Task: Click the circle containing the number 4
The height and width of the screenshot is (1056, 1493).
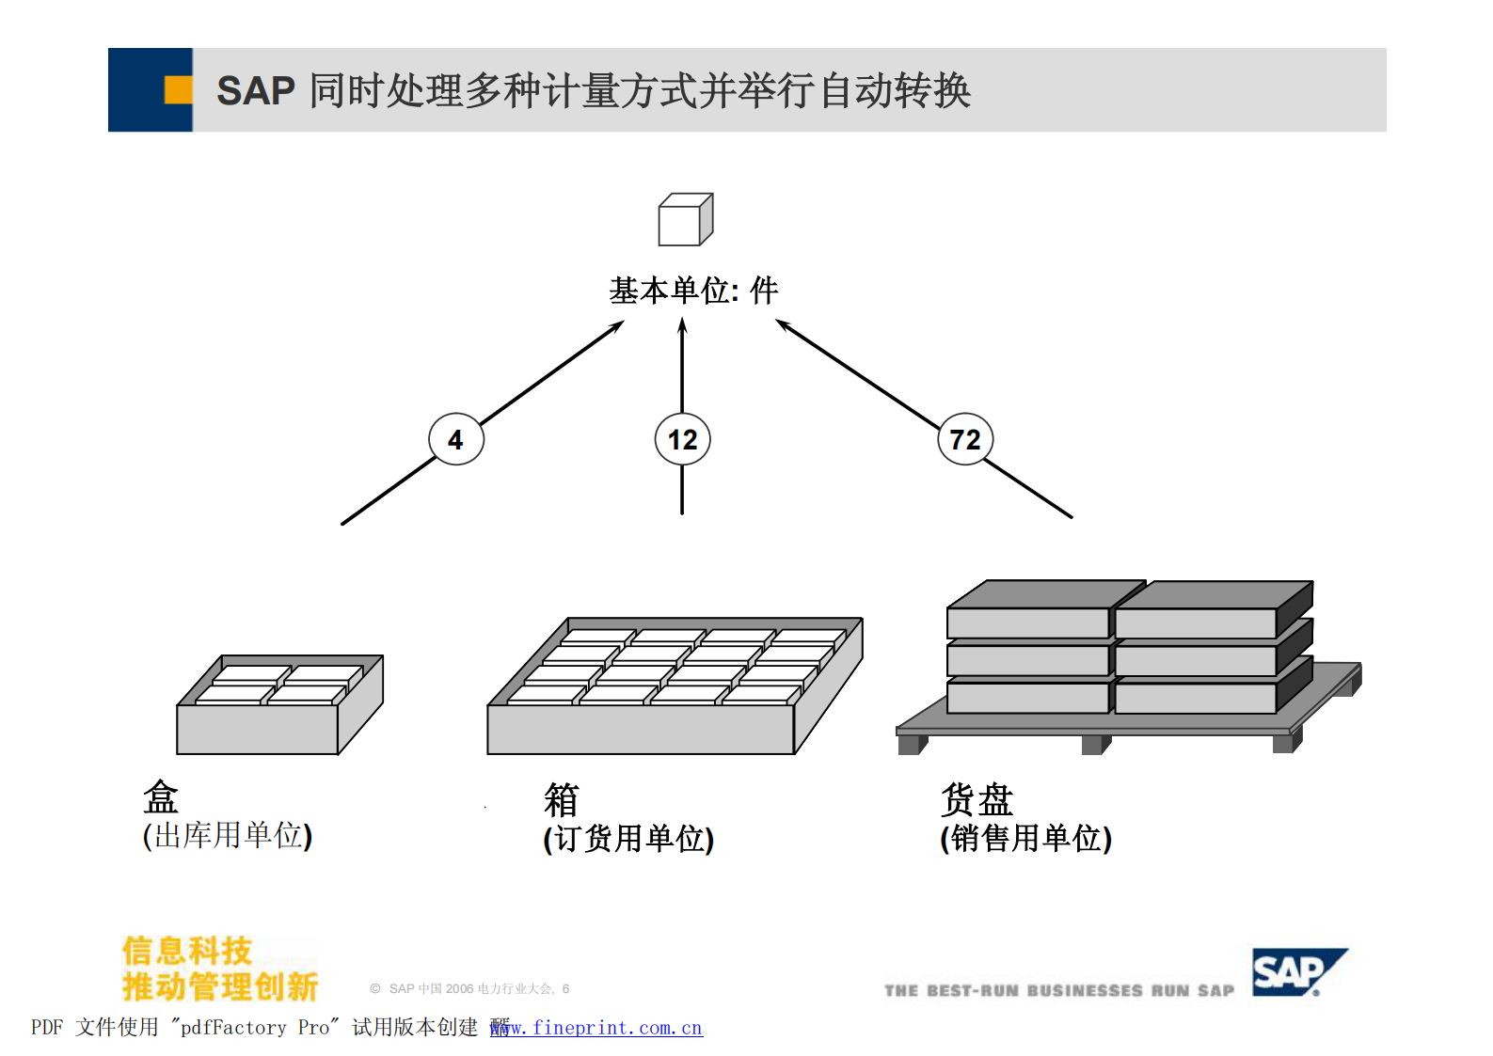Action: (456, 439)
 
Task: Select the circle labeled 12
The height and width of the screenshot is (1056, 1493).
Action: (682, 439)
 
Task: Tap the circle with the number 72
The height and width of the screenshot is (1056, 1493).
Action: (965, 439)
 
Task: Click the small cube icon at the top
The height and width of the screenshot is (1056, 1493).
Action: (685, 220)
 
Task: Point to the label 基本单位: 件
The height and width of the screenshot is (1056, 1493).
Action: (693, 291)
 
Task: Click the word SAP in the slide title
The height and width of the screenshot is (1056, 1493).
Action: (255, 91)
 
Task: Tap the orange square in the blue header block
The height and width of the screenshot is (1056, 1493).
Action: (178, 90)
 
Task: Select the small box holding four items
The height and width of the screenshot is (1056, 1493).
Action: (279, 705)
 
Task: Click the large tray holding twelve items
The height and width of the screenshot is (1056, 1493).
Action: (674, 686)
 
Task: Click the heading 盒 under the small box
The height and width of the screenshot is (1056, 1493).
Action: (161, 797)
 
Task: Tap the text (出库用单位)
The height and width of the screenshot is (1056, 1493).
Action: (228, 835)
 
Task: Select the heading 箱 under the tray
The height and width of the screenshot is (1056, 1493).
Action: (562, 800)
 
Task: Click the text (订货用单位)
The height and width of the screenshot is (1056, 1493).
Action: (628, 838)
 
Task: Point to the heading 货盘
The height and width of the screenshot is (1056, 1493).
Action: (977, 800)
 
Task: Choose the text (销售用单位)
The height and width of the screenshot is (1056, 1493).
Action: (1025, 838)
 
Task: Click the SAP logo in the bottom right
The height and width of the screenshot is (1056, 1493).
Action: (1296, 972)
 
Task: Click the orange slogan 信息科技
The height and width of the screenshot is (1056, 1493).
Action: (187, 951)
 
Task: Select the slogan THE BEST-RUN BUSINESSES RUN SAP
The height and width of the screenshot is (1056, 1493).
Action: (1058, 990)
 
